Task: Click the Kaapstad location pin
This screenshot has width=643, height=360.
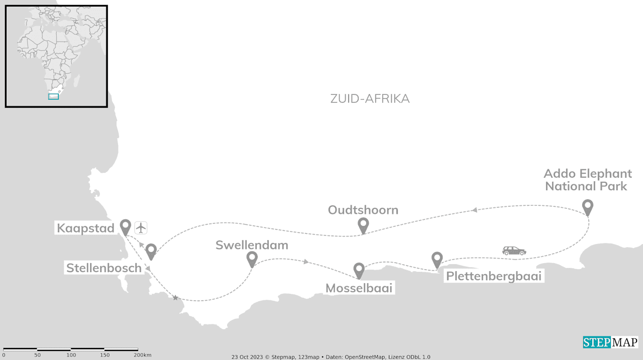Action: point(125,226)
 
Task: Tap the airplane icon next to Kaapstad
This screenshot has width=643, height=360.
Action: point(141,227)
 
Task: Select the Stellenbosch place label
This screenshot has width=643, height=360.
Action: point(104,268)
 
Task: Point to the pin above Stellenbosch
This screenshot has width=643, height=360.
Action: point(151,251)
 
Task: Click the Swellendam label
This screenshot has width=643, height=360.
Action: point(252,245)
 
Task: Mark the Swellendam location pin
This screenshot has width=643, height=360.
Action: point(252,259)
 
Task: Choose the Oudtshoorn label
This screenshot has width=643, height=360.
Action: point(363,210)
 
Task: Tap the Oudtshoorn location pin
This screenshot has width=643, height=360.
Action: point(363,225)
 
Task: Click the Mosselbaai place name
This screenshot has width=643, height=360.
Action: point(359,288)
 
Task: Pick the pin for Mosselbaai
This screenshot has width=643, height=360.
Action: point(359,270)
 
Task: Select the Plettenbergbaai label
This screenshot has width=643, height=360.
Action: point(494,276)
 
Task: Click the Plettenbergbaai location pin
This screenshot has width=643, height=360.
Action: point(437,259)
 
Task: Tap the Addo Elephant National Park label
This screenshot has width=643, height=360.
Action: point(587,180)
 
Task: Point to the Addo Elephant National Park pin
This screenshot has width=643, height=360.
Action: point(587,206)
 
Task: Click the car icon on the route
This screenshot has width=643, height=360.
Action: point(514,251)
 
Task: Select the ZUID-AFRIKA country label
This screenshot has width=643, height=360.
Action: point(370,99)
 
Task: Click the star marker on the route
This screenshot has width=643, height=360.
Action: point(175,298)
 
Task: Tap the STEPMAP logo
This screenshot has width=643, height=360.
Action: point(610,342)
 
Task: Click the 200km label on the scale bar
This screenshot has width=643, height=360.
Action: point(143,355)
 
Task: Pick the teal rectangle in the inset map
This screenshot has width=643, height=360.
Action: point(53,96)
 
